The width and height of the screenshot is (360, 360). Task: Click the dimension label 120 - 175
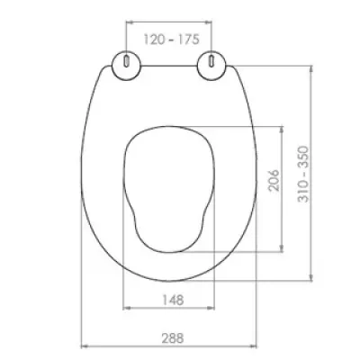click(171, 40)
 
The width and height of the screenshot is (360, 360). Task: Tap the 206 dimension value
click(274, 180)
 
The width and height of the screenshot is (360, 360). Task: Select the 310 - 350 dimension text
click(303, 174)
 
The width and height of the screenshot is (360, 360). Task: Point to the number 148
click(173, 300)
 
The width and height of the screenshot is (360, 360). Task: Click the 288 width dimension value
click(173, 338)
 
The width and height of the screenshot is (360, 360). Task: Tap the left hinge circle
click(126, 66)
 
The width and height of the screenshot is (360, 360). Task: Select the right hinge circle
click(211, 66)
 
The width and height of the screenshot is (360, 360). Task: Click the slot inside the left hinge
click(126, 60)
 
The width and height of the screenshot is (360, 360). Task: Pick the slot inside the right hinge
click(211, 60)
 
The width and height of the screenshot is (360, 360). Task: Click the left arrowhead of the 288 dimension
click(85, 346)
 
